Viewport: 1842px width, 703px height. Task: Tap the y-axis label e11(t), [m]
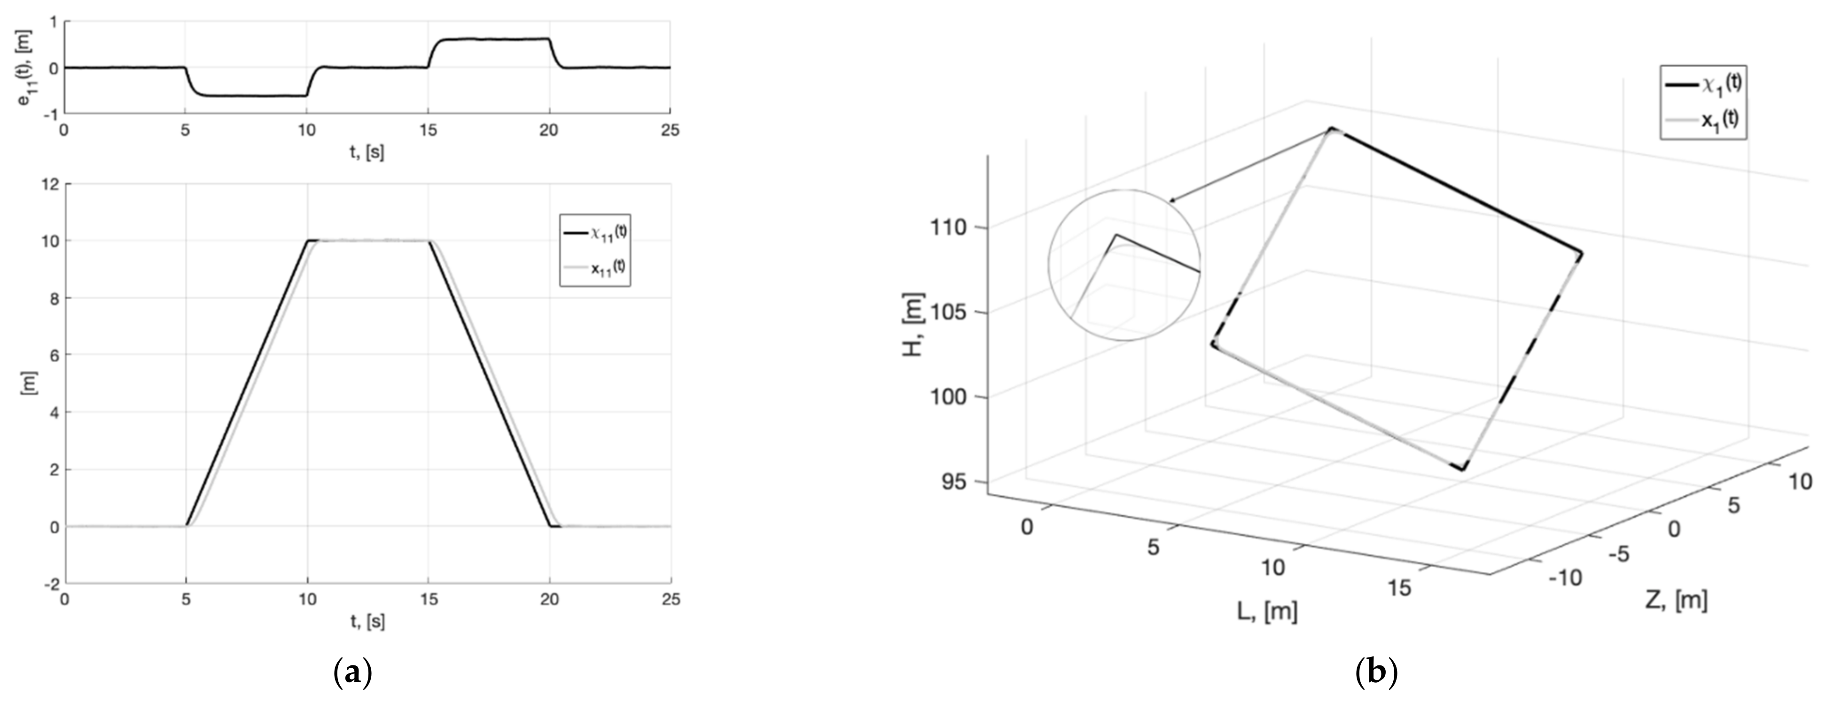click(x=29, y=68)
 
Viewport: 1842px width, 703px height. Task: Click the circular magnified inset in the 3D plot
click(x=1124, y=265)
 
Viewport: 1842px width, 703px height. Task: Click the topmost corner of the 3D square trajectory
click(x=1331, y=129)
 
